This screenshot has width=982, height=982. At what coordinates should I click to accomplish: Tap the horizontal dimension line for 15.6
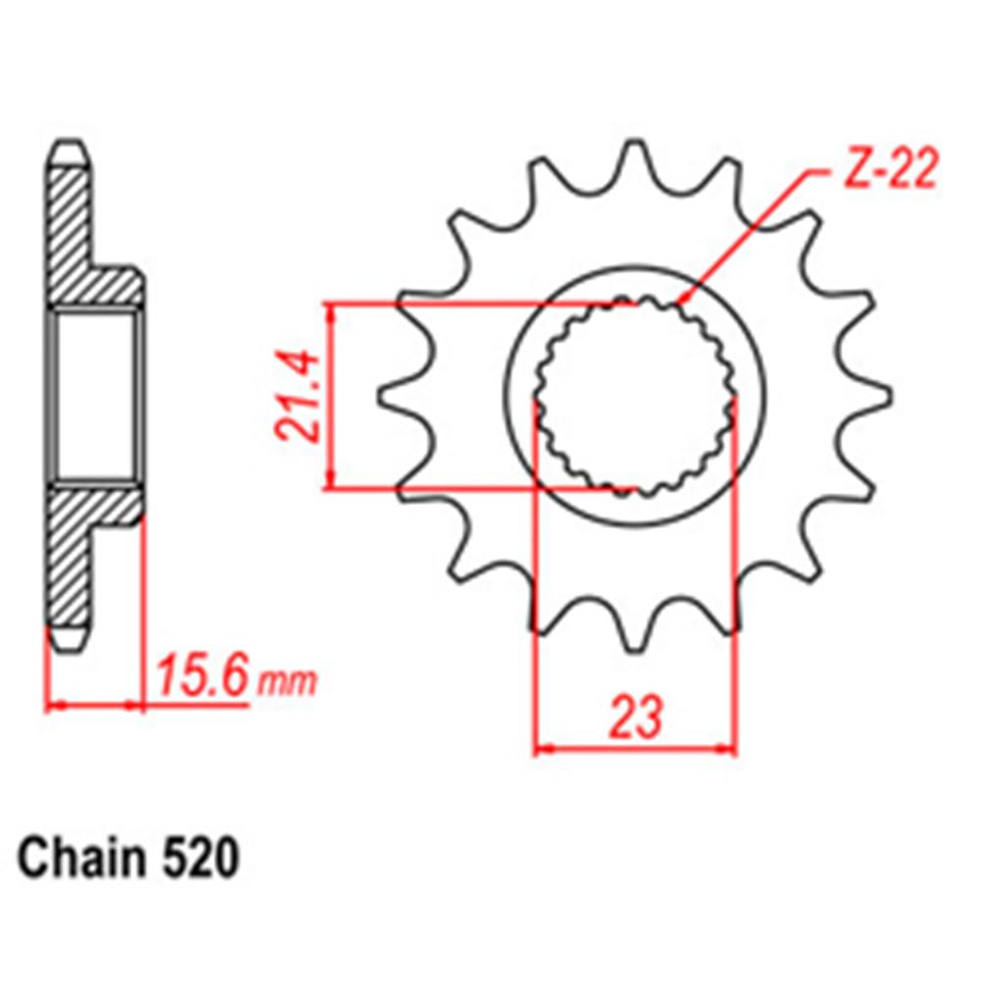point(96,704)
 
